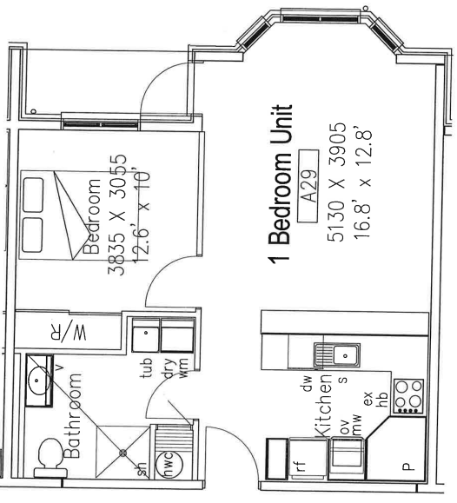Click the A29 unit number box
[x=308, y=186]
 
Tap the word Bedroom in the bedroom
[x=92, y=216]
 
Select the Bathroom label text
[x=72, y=415]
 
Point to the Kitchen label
[x=321, y=405]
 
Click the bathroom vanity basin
[x=37, y=381]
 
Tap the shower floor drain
[x=123, y=453]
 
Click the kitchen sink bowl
[x=345, y=355]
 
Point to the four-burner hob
[x=408, y=396]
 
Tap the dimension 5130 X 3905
[x=336, y=182]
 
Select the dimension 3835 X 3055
[x=117, y=215]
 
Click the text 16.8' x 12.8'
[x=363, y=182]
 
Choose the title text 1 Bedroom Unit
[x=281, y=184]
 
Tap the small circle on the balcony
[x=33, y=112]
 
